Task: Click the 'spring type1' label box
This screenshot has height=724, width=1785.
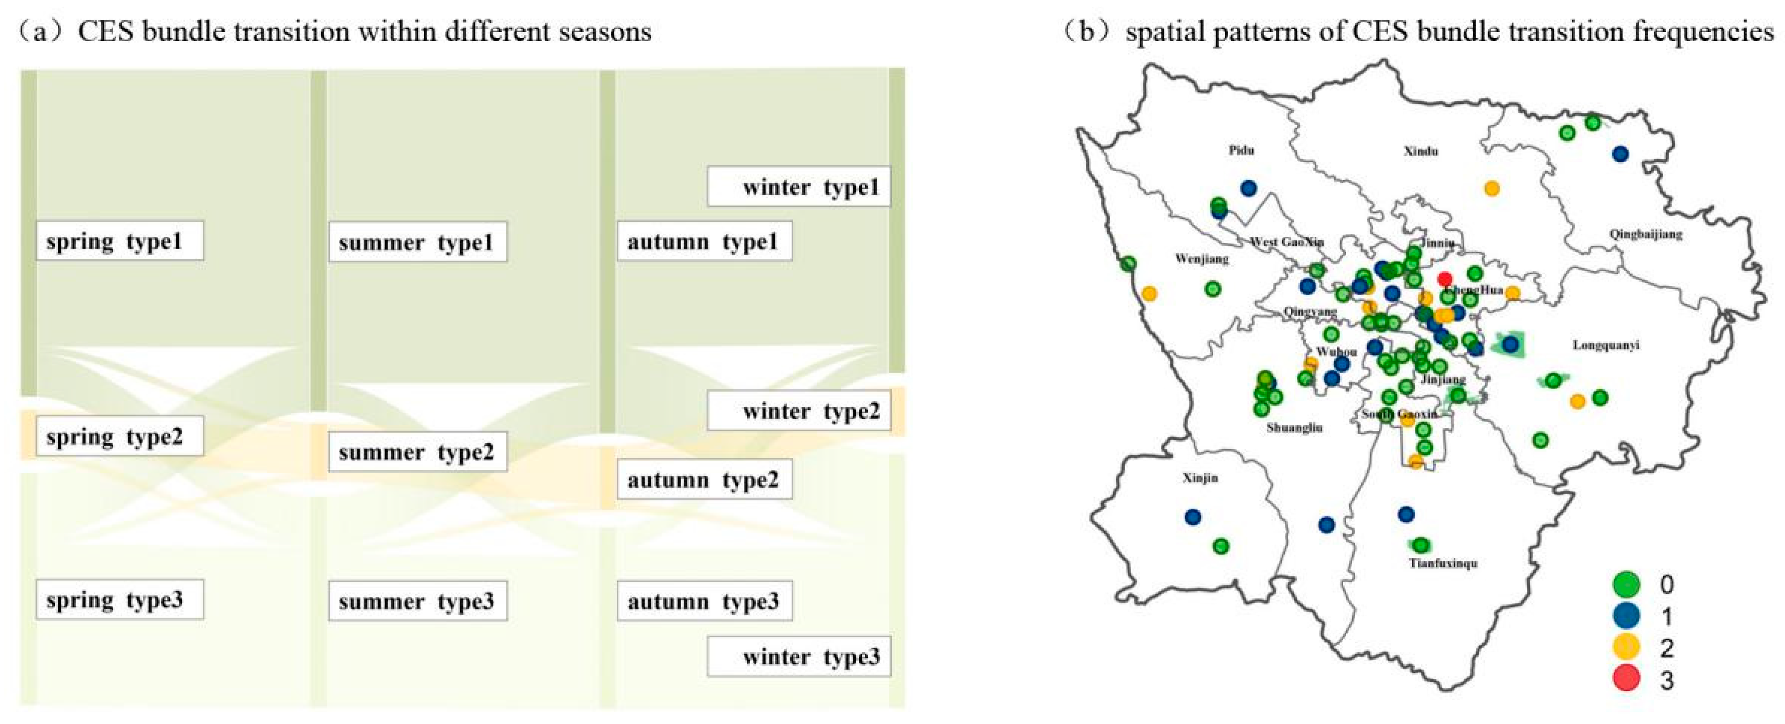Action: click(x=120, y=241)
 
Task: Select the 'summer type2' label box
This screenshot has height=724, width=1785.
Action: click(x=417, y=452)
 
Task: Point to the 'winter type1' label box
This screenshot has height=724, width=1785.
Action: click(x=798, y=187)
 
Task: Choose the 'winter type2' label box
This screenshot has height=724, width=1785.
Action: click(x=798, y=411)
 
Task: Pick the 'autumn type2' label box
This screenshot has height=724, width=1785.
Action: click(x=704, y=479)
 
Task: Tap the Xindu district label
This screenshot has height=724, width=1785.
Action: click(x=1420, y=151)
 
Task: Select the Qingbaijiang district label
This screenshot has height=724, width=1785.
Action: click(x=1646, y=234)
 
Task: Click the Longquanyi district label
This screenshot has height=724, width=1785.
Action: click(x=1606, y=345)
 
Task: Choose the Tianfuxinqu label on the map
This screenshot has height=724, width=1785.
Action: click(x=1443, y=563)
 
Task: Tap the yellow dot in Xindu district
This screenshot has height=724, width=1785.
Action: click(x=1492, y=188)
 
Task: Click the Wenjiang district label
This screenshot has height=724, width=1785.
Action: click(x=1202, y=259)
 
